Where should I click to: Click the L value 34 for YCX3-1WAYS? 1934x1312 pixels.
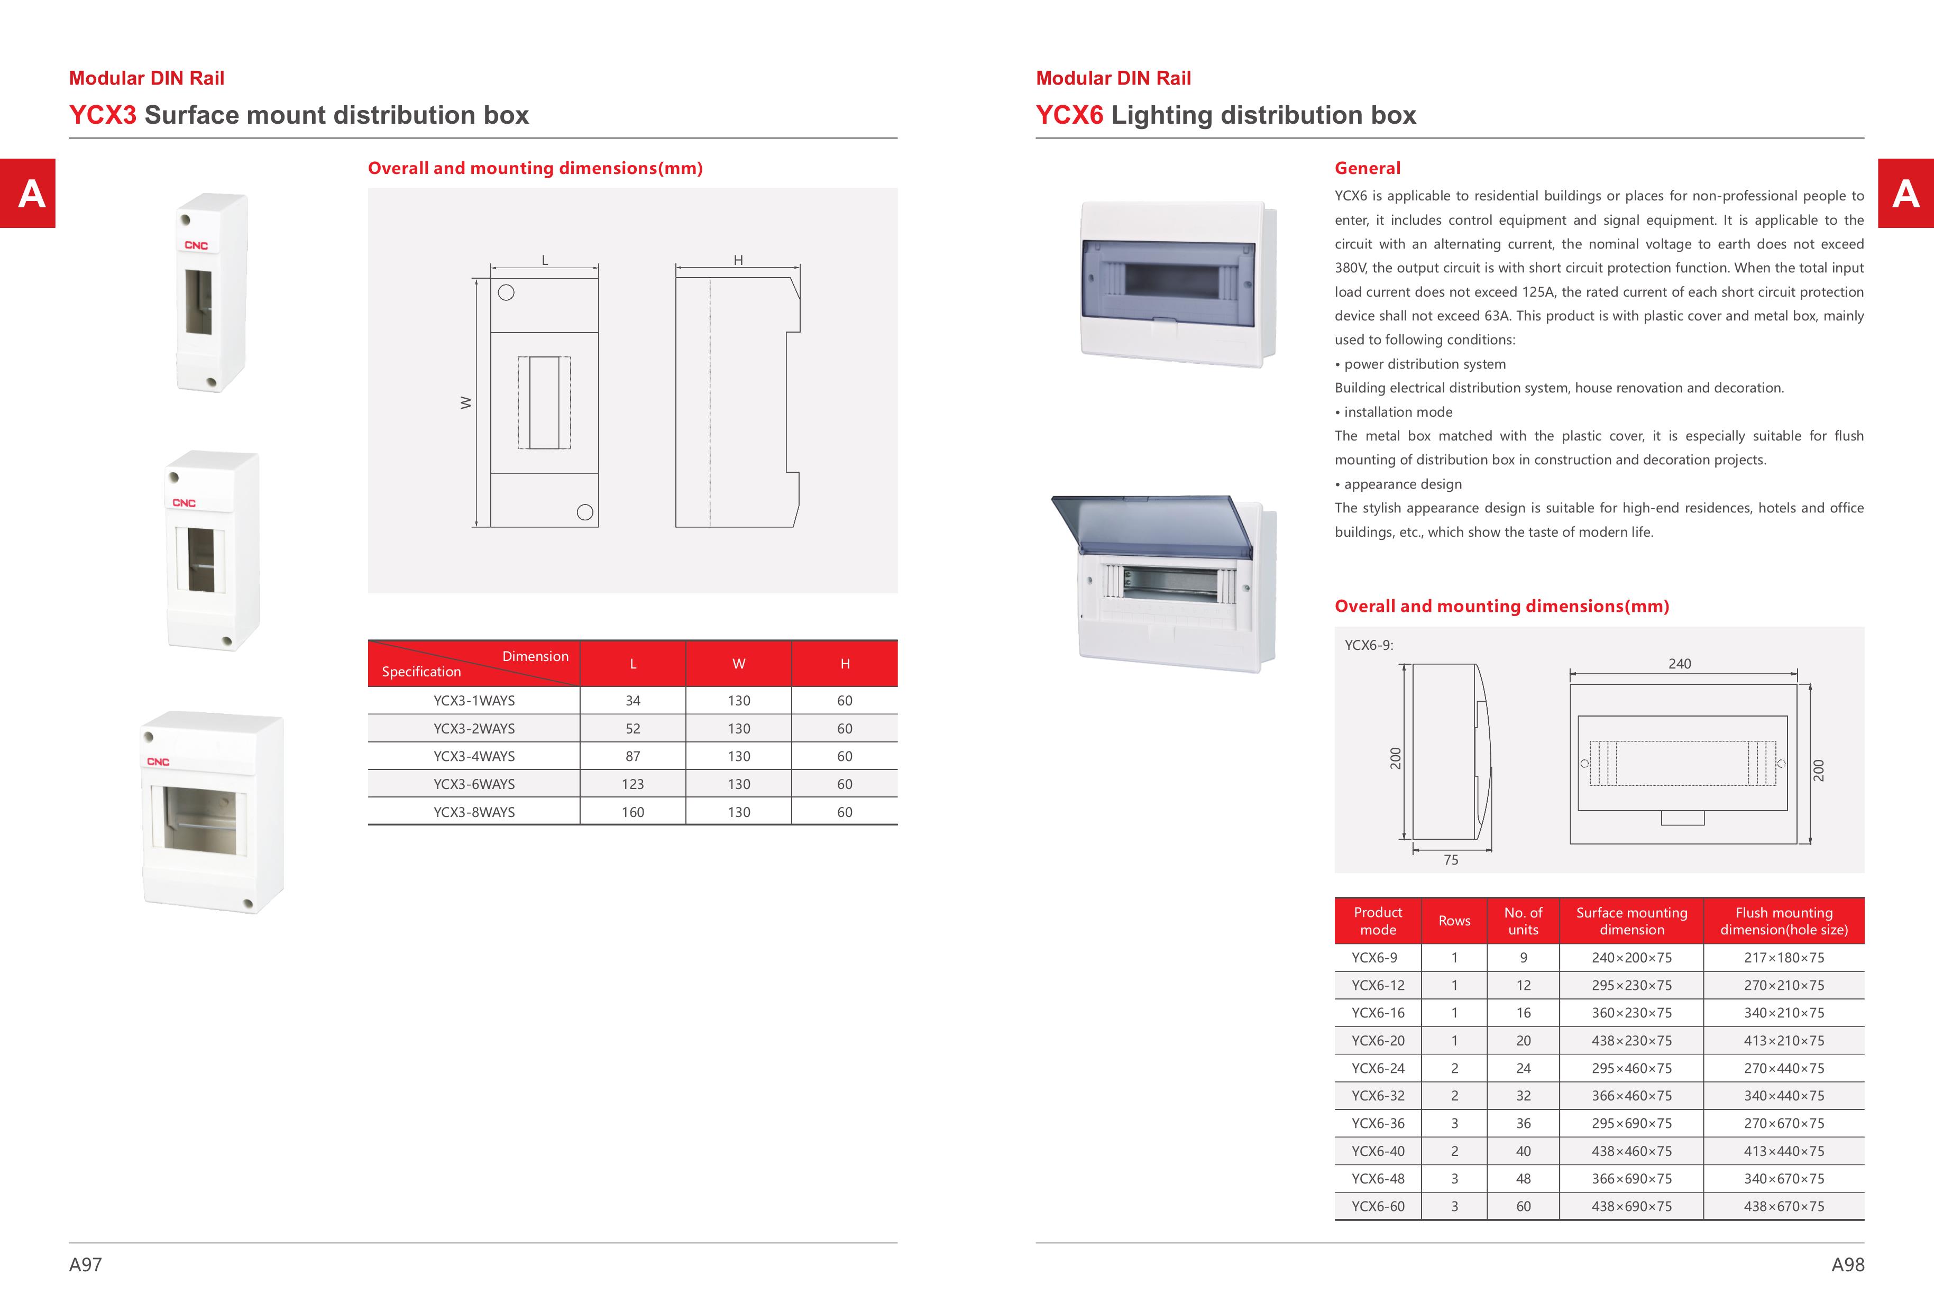(x=633, y=701)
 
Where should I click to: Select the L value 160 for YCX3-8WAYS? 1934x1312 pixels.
(x=633, y=812)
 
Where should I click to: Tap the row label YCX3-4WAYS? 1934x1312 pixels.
(x=473, y=756)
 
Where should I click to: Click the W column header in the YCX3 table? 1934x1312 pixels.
(x=738, y=664)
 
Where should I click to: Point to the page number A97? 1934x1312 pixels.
(x=85, y=1264)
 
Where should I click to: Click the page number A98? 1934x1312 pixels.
(x=1847, y=1264)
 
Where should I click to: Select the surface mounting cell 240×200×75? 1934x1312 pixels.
(x=1631, y=958)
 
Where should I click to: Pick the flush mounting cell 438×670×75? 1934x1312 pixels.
(x=1783, y=1206)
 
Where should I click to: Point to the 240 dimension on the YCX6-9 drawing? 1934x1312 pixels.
(x=1679, y=664)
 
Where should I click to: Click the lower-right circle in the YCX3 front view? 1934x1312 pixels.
(x=585, y=512)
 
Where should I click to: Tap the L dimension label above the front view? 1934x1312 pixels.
(x=545, y=260)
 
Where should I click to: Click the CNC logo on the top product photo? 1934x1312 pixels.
(x=196, y=245)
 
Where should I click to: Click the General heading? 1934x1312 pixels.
(x=1367, y=168)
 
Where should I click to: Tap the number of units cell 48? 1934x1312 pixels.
(x=1523, y=1179)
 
